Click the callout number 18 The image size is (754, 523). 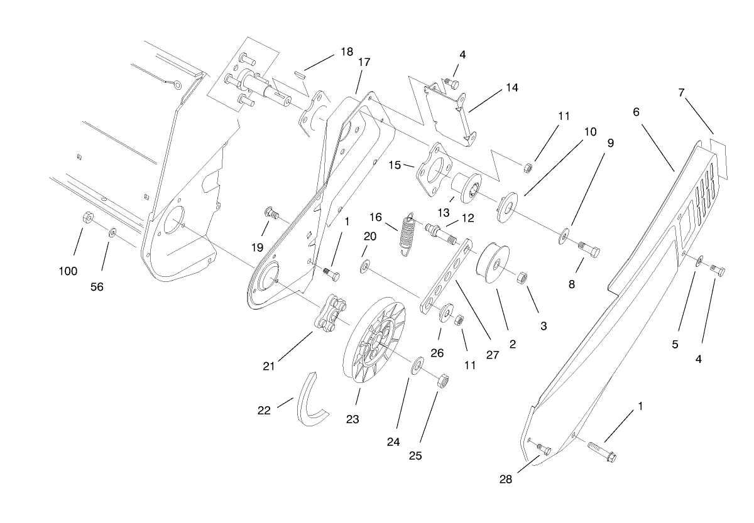tap(346, 51)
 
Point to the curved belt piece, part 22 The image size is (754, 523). tap(312, 400)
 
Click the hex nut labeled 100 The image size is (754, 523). tap(89, 218)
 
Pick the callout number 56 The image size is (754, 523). tap(96, 286)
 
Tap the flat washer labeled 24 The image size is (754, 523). tap(417, 367)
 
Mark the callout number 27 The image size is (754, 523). tap(492, 354)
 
